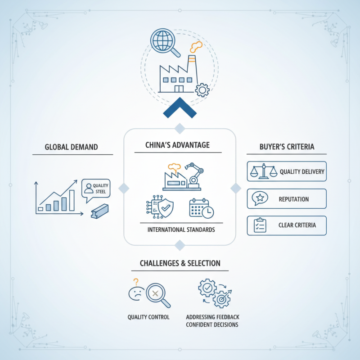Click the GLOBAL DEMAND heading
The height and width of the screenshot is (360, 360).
pos(71,147)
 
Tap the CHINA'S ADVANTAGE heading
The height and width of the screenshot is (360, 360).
pos(177,145)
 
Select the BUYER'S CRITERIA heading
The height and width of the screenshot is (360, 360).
pos(287,147)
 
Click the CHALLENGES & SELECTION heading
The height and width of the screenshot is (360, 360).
pos(180,263)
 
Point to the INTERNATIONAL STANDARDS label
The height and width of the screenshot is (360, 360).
pos(181,229)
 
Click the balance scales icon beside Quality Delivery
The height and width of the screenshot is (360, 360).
pos(264,171)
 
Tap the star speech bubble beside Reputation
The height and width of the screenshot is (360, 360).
pos(260,198)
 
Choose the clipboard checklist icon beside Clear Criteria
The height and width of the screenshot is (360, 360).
pos(260,225)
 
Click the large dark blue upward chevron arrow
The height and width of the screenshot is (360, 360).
pos(180,108)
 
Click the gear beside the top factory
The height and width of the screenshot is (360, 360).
pos(202,90)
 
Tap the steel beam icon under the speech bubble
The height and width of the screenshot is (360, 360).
pos(99,211)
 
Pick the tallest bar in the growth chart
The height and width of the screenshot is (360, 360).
pos(72,200)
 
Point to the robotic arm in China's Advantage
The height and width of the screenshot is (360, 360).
pos(194,175)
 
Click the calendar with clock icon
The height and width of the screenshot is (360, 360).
pos(201,208)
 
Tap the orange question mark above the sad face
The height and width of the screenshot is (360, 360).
pos(136,282)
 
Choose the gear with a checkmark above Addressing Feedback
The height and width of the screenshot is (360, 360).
pos(207,288)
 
